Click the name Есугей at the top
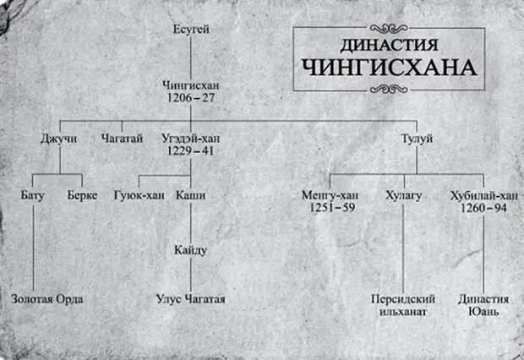click(x=191, y=30)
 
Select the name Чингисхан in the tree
click(x=191, y=85)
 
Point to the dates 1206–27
click(x=191, y=98)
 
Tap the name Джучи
click(x=59, y=139)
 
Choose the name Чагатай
click(x=122, y=138)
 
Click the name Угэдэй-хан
click(x=191, y=138)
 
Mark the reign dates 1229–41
click(x=190, y=151)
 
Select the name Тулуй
click(x=417, y=139)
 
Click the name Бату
click(x=32, y=195)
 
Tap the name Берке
click(x=82, y=195)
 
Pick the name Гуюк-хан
click(x=139, y=195)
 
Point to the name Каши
click(x=191, y=195)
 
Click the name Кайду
click(x=190, y=250)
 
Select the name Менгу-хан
click(x=330, y=195)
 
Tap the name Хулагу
click(x=404, y=195)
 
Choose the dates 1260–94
click(x=483, y=208)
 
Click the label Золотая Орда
click(x=47, y=299)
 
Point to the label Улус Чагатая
click(x=191, y=299)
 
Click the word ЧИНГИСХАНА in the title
click(x=390, y=68)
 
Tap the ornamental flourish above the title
click(x=390, y=28)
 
